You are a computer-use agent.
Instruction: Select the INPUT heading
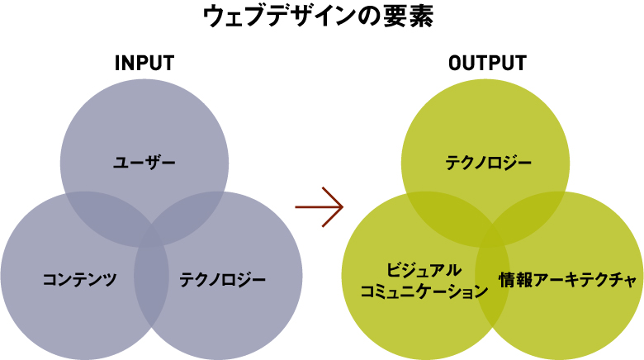coord(144,64)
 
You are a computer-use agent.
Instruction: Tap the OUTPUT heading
coord(486,64)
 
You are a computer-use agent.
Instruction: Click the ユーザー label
coord(144,162)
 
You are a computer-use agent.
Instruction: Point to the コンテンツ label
coord(79,279)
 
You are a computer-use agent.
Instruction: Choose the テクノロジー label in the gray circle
coord(223,279)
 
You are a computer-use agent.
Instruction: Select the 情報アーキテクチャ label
coord(569,280)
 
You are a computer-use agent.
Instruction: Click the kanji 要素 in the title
coord(408,17)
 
